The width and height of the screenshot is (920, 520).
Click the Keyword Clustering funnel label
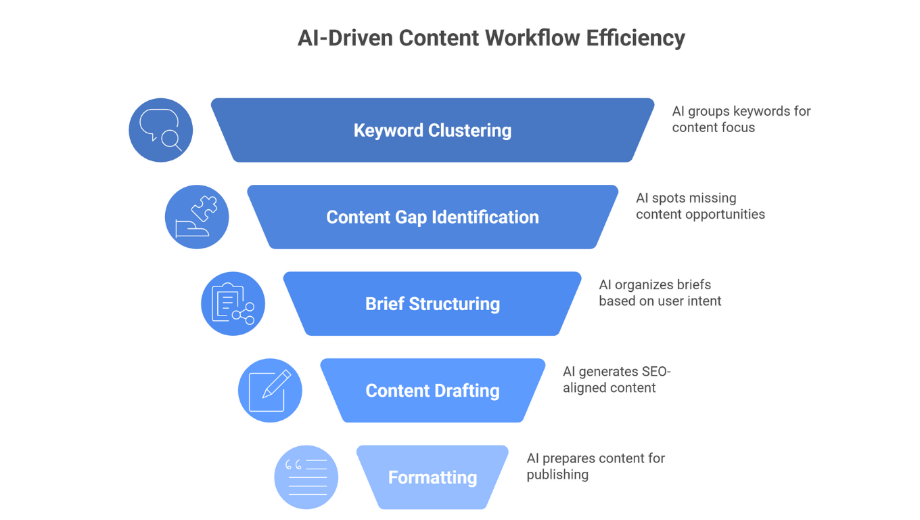click(432, 131)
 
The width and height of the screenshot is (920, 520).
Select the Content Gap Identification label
click(432, 217)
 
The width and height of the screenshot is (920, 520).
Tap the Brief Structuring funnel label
click(432, 304)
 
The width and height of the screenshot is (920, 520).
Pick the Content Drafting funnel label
click(432, 391)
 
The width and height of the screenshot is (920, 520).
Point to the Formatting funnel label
click(432, 477)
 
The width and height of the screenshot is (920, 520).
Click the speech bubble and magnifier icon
click(161, 130)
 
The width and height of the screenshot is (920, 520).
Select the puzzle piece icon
click(197, 217)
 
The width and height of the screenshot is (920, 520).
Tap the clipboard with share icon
click(233, 303)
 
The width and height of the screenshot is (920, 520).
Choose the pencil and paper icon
click(270, 391)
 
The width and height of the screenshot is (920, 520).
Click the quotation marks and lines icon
click(306, 477)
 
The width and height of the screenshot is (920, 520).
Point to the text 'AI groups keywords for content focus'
click(741, 119)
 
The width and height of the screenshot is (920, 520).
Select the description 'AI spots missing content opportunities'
click(700, 206)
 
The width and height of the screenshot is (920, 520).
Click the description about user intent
click(660, 292)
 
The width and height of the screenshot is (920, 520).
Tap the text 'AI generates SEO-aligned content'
click(616, 379)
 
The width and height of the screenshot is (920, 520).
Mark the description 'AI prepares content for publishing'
click(595, 466)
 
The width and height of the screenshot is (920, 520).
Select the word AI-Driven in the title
click(345, 38)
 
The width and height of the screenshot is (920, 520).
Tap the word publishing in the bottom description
click(557, 475)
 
